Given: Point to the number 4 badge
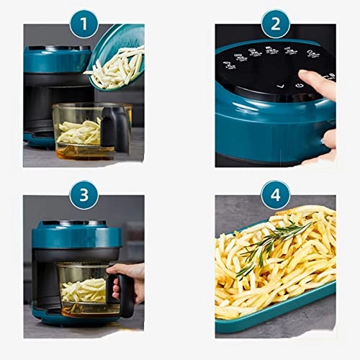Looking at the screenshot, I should pos(275,194).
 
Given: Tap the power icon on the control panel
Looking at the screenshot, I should pos(300,85).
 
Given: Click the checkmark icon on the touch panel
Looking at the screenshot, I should pos(282,84).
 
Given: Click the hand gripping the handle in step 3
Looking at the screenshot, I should pos(130,277).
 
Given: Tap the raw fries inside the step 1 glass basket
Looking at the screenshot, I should pos(79,132).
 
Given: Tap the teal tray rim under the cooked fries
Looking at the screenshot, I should pos(288,317).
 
